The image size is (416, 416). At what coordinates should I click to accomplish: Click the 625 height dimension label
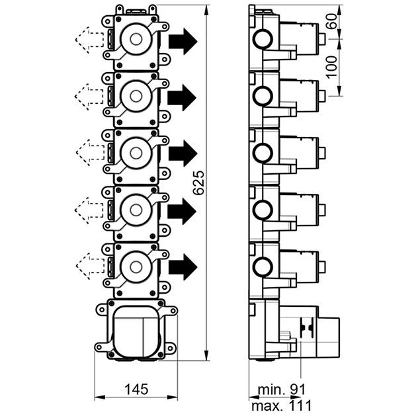pos(198,183)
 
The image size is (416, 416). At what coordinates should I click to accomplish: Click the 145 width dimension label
pos(136,389)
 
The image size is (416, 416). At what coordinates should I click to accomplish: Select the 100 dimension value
pos(331,67)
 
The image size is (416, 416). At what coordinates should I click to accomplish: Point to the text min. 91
pos(282,390)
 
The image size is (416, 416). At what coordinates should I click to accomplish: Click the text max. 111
pos(281,406)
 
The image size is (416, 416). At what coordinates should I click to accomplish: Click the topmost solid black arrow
pos(183,42)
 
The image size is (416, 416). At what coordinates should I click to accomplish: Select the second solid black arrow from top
pos(182,97)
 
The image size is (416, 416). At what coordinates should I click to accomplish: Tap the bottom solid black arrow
pos(183,267)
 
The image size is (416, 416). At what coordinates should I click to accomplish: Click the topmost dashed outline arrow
pos(90,40)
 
